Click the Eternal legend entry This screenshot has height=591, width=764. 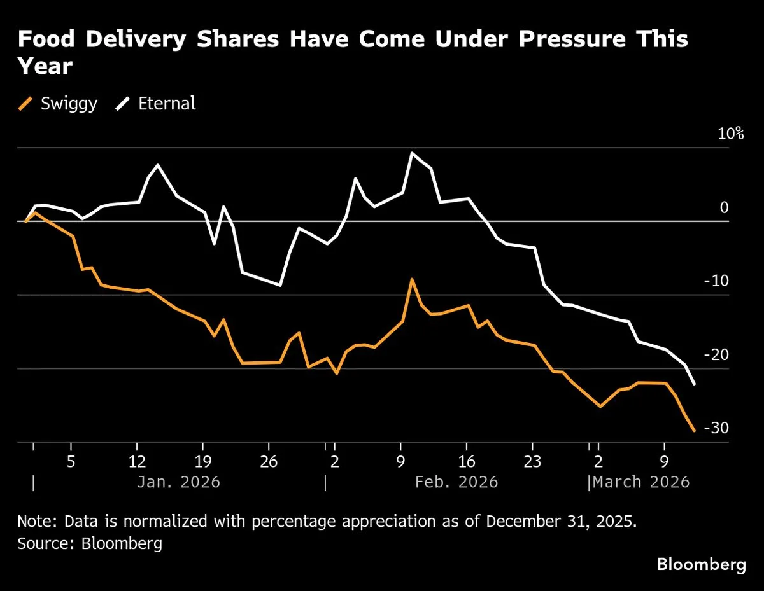point(157,103)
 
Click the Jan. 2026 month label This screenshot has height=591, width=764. point(178,482)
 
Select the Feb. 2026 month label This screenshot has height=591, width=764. point(456,482)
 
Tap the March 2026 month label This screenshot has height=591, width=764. point(641,482)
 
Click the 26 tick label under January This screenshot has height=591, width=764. point(269,461)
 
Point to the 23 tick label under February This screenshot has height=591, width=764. point(532,461)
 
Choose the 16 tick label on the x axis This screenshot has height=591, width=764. point(467,461)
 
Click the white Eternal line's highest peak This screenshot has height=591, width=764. point(412,153)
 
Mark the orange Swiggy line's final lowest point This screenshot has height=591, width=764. point(694,431)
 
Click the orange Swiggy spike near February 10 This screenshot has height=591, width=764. point(412,279)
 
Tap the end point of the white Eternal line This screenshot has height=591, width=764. point(694,384)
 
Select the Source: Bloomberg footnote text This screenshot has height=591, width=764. point(90,543)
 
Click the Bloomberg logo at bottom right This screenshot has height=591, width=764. point(701,564)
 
